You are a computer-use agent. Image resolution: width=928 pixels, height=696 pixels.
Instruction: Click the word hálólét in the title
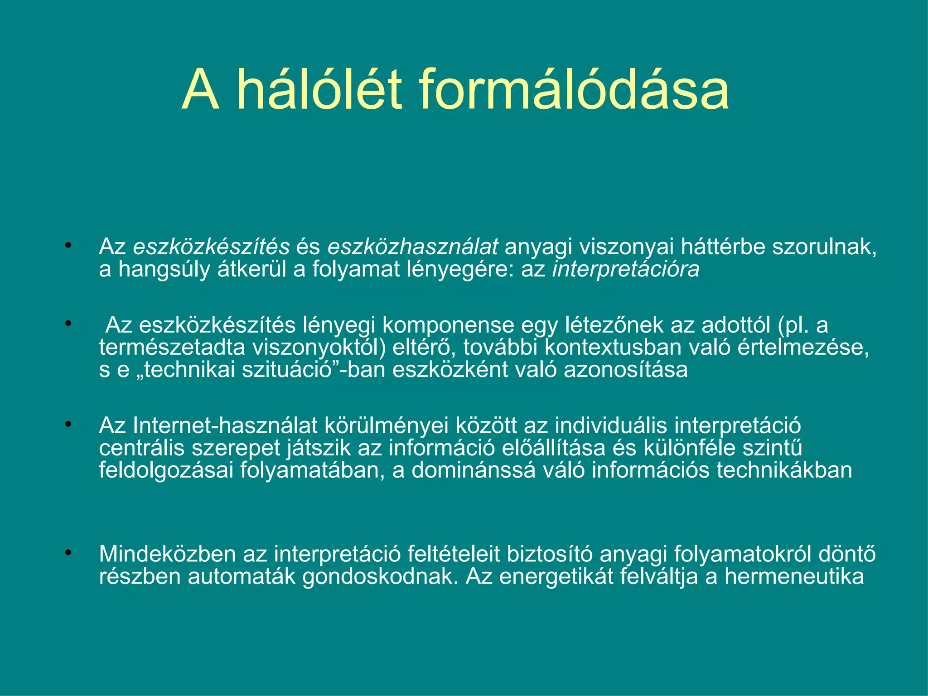click(x=319, y=89)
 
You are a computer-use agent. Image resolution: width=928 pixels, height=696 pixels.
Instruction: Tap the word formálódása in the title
click(x=573, y=89)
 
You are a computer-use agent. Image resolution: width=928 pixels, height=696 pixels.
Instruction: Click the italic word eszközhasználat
click(x=412, y=247)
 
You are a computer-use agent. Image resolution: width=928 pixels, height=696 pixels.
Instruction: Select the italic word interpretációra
click(x=626, y=269)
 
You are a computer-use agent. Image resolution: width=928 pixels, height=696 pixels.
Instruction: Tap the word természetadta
click(x=172, y=348)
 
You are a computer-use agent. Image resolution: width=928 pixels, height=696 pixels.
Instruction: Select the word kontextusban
click(x=613, y=348)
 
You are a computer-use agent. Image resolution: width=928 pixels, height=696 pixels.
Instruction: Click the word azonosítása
click(x=625, y=370)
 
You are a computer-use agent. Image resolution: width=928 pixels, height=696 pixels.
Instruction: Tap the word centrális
click(x=141, y=448)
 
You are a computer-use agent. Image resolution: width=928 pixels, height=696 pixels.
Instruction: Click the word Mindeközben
click(x=167, y=554)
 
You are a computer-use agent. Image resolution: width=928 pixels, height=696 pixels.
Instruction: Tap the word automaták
click(x=242, y=577)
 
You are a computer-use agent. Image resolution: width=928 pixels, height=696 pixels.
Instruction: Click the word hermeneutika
click(x=794, y=577)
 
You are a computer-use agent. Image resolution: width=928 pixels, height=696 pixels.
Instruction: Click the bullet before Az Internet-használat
click(x=68, y=425)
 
